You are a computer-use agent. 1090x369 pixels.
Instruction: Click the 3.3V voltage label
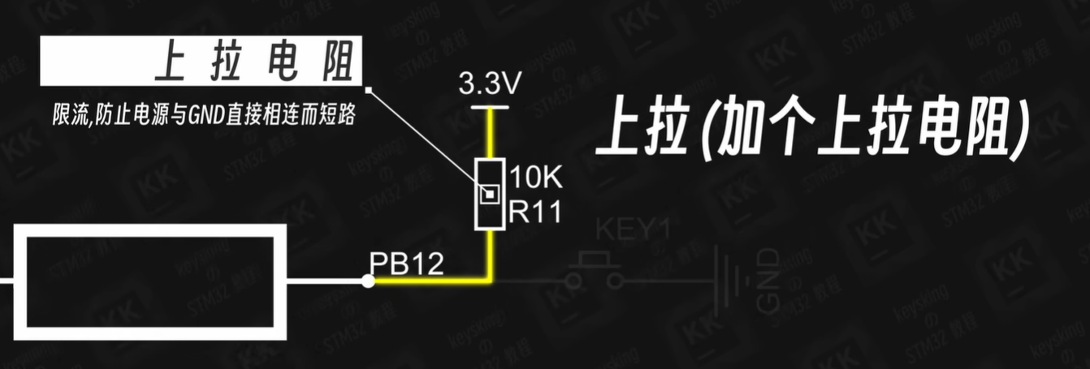(490, 84)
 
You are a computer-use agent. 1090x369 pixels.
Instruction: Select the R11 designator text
(535, 212)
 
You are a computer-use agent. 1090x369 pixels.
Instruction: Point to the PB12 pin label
(407, 264)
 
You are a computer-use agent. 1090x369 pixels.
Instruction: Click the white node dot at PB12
(368, 281)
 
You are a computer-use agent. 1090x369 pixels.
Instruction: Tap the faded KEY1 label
(633, 230)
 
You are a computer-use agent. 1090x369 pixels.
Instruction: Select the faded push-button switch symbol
(595, 271)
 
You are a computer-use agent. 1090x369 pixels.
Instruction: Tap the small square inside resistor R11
(488, 195)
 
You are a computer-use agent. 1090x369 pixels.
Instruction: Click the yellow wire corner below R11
(490, 281)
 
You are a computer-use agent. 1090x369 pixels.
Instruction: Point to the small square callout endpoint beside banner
(369, 88)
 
